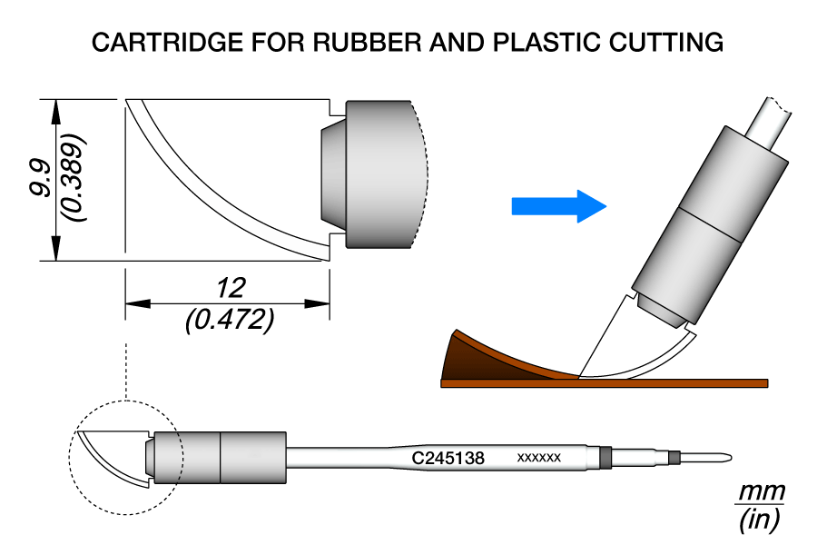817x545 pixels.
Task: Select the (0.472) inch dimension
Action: pyautogui.click(x=229, y=320)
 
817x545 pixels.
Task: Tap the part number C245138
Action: pyautogui.click(x=448, y=459)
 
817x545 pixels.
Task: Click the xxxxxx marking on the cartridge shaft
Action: pyautogui.click(x=539, y=459)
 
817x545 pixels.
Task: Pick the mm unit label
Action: pyautogui.click(x=760, y=492)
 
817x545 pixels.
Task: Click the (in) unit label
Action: pyautogui.click(x=760, y=520)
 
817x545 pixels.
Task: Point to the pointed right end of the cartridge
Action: pyautogui.click(x=726, y=457)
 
